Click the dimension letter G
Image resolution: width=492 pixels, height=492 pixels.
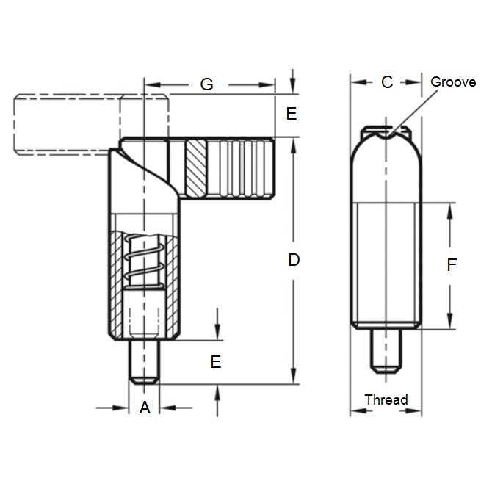point(207,84)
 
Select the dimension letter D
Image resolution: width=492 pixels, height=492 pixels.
point(294,259)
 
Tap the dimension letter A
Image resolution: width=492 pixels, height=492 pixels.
point(145,408)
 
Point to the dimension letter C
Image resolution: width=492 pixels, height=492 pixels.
point(387,82)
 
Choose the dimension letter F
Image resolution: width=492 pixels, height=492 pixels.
point(452,265)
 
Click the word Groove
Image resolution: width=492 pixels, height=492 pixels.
point(453,82)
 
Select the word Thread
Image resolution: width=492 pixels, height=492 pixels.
point(386,399)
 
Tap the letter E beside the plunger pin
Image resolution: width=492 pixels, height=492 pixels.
point(216,361)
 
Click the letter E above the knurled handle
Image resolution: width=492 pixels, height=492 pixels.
point(292,115)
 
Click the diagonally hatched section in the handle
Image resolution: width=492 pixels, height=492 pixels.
point(196,168)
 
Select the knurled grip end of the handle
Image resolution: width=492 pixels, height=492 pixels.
point(242,168)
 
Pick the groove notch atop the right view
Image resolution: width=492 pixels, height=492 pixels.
point(388,132)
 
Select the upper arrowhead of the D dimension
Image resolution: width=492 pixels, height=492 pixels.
point(293,143)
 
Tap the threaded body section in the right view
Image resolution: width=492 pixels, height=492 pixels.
point(386,265)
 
